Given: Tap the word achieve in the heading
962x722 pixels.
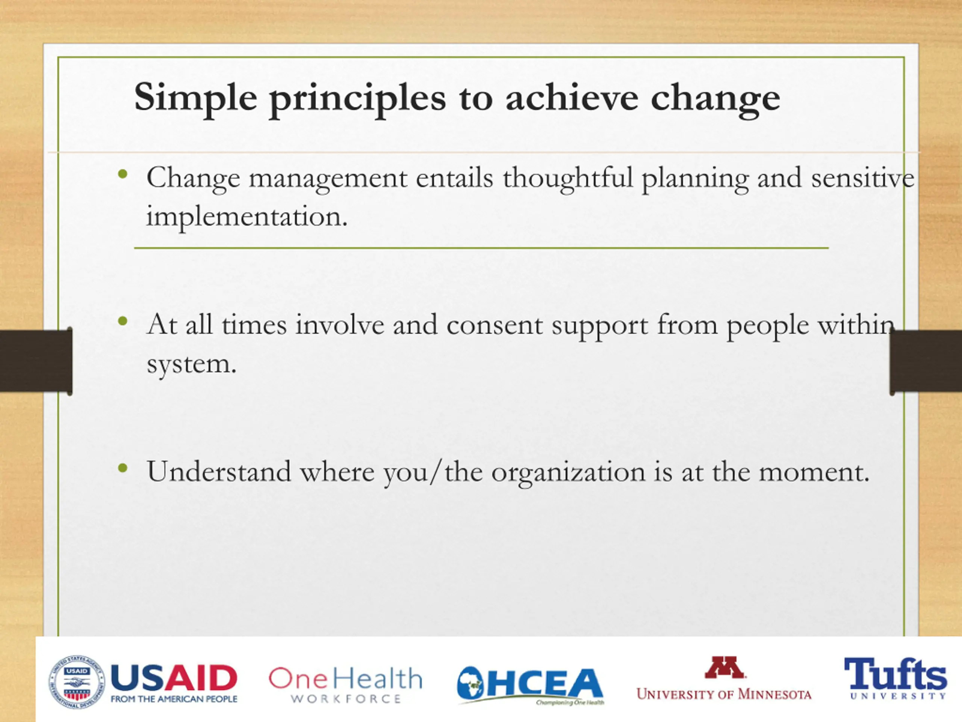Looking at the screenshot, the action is [572, 97].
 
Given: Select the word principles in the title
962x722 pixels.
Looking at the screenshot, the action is [358, 100].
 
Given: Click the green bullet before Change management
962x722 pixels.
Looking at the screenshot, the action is [123, 175].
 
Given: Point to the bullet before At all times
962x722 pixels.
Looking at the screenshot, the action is [123, 322].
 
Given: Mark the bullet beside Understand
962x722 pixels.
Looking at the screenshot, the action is [123, 468].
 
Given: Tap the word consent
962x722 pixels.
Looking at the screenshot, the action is [495, 325].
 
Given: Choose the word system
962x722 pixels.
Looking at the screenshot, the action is [191, 365].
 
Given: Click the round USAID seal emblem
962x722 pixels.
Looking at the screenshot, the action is [77, 682].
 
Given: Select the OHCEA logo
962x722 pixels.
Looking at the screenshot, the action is [530, 685].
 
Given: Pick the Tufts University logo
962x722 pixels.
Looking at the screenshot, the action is [895, 678].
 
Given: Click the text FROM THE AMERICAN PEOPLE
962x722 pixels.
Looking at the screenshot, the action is [174, 699].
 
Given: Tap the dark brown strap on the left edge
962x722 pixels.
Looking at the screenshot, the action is [36, 361].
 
